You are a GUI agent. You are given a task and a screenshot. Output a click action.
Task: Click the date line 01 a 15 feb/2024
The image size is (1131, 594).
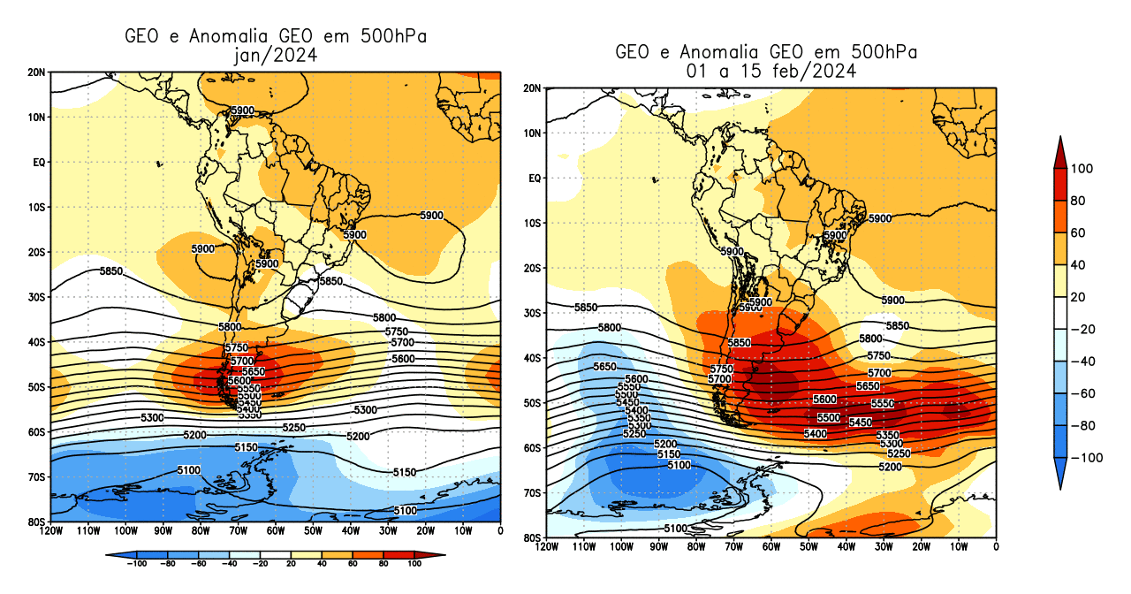[766, 71]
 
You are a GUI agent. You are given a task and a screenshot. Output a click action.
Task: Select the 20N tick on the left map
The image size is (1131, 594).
[37, 72]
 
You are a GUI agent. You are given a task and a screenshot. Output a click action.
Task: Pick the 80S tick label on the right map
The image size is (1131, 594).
[532, 537]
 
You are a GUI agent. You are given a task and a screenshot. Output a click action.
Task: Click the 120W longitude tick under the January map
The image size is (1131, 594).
[50, 531]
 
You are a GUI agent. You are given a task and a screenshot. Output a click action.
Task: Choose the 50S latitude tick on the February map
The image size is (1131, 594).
[532, 403]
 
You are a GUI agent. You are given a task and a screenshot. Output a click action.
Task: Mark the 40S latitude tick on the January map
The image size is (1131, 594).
[37, 342]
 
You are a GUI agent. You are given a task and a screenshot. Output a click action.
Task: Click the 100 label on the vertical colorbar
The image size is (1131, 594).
[1082, 169]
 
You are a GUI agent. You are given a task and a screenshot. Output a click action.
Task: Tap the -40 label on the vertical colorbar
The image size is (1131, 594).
[1082, 361]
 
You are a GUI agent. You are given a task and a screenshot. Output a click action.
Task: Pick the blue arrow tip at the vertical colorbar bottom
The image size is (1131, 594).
[1059, 482]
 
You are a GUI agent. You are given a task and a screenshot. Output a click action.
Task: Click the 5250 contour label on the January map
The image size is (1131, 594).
[293, 428]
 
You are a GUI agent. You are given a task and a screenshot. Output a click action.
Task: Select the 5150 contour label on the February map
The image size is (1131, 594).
[668, 454]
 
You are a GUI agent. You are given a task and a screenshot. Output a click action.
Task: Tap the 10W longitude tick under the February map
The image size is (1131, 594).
[959, 547]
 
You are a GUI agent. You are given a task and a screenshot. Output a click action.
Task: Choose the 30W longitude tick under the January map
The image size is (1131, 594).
[388, 531]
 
